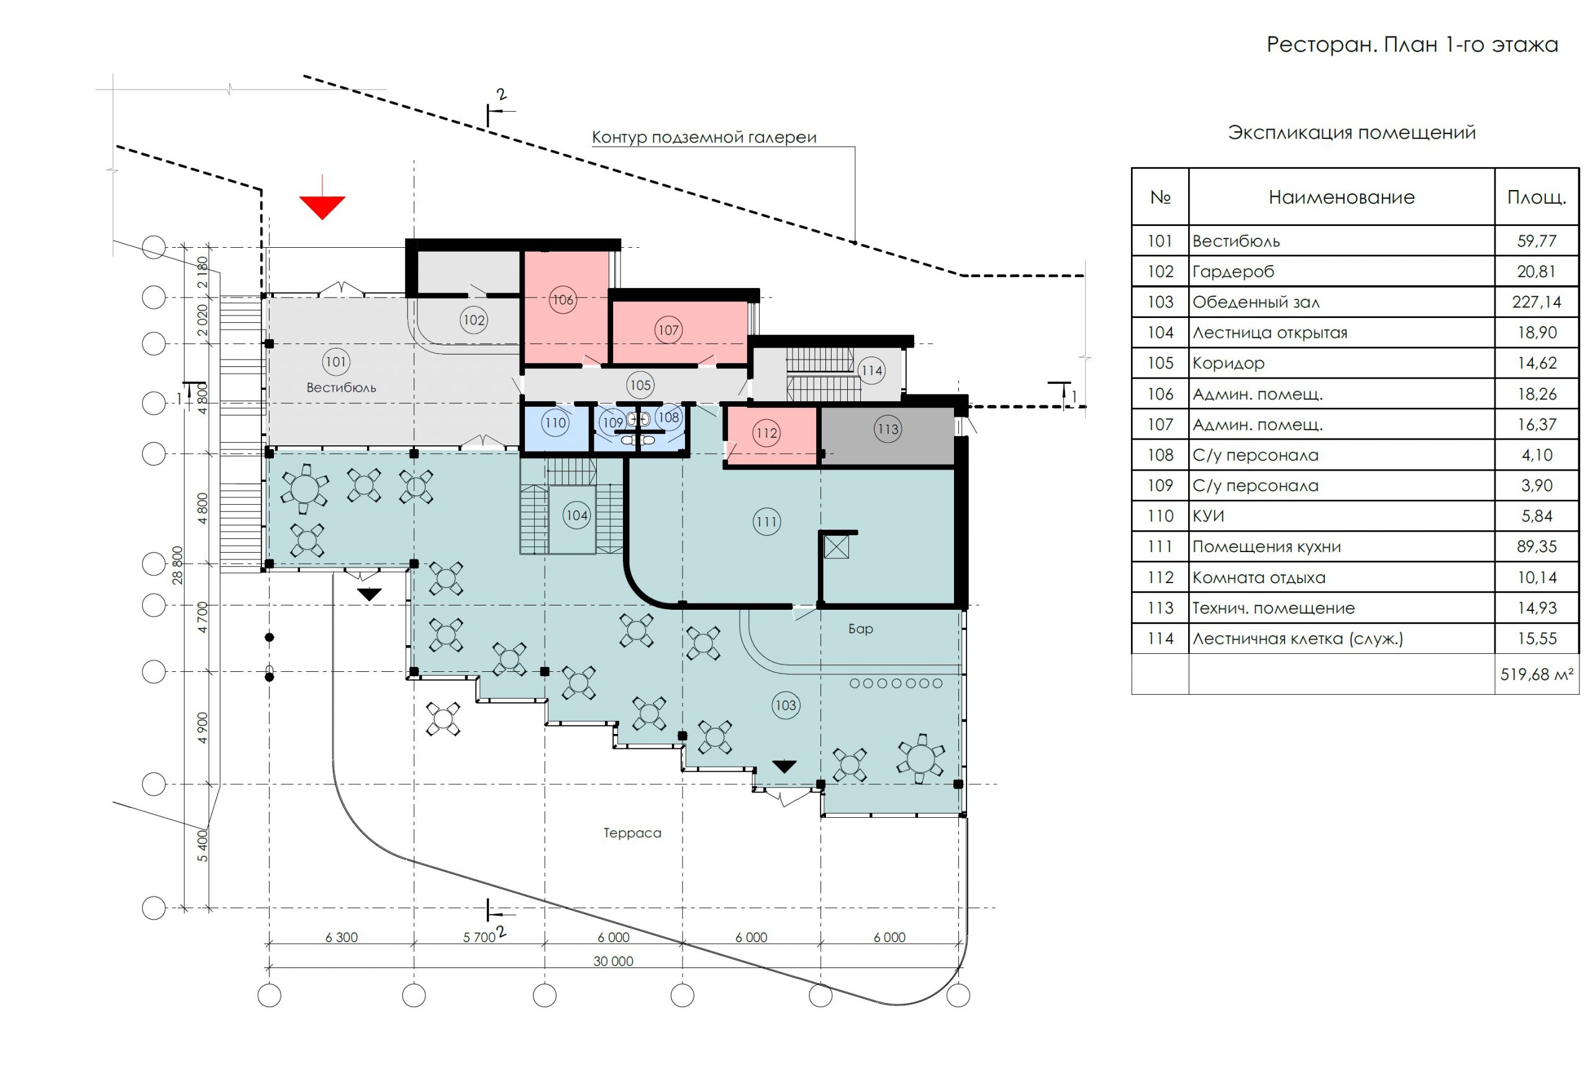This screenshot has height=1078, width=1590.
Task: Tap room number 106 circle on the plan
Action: tap(562, 299)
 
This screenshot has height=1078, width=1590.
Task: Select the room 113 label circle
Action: tap(888, 429)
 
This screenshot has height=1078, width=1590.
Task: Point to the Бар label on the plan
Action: tap(860, 628)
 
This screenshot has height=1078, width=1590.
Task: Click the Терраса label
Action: tap(632, 833)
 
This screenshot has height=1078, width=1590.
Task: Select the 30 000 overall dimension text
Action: tap(613, 961)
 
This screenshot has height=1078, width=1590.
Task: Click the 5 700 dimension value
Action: tap(479, 937)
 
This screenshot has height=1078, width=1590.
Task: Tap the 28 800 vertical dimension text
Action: tap(178, 565)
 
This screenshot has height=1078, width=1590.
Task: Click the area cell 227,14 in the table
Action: tap(1536, 302)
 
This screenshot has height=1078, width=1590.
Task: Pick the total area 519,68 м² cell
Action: tap(1536, 674)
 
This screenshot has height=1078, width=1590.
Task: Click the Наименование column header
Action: tap(1341, 197)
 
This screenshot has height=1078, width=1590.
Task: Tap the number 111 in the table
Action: tap(1160, 546)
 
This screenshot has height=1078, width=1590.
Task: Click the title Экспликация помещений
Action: tap(1351, 133)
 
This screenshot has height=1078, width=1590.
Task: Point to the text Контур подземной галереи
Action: tap(704, 137)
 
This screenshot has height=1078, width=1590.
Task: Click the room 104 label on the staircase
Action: tap(576, 515)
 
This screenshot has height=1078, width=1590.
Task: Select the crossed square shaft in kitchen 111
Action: tap(836, 546)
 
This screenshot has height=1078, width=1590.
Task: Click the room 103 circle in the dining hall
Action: tap(786, 705)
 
